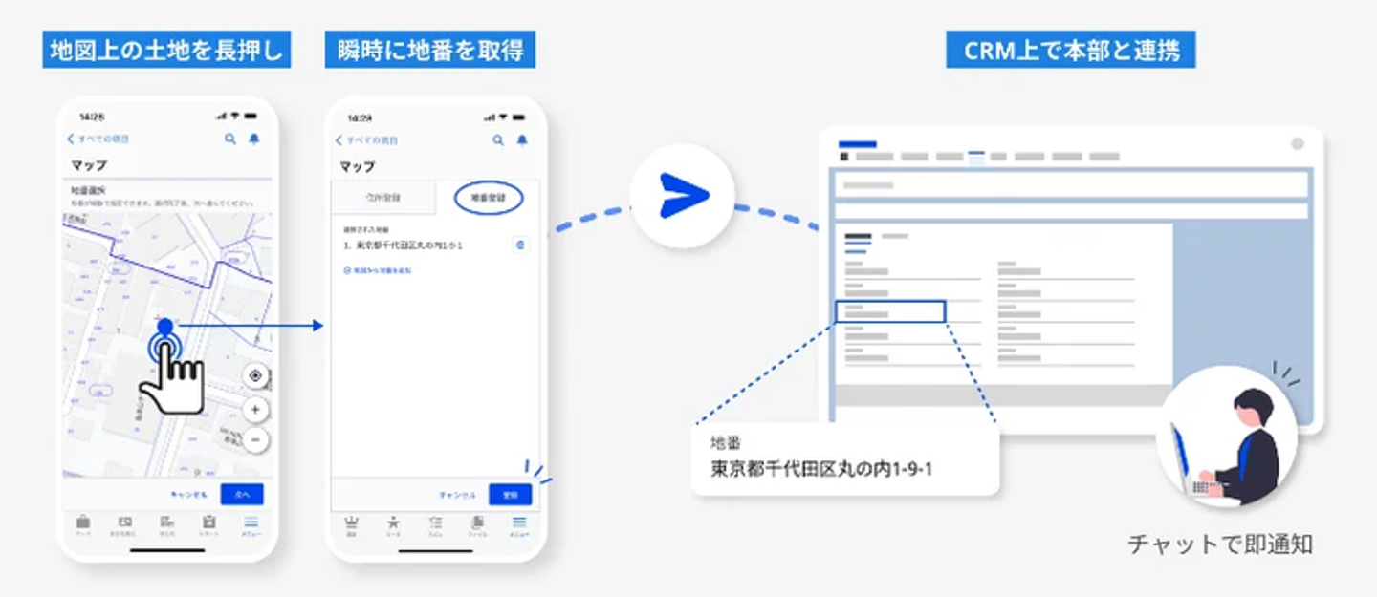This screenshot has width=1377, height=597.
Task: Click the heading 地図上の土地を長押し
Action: tap(166, 51)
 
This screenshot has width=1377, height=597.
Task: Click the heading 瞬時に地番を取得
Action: tap(429, 51)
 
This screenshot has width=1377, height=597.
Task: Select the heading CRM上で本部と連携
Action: tap(1070, 51)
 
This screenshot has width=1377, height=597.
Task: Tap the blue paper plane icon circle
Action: tap(683, 195)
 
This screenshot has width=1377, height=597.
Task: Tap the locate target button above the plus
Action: tap(255, 375)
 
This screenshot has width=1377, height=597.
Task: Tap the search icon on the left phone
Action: tap(230, 139)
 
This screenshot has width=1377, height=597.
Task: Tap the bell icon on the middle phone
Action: tap(522, 140)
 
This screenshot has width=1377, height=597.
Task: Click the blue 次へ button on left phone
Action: tap(242, 494)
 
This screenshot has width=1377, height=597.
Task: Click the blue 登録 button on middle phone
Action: tap(510, 494)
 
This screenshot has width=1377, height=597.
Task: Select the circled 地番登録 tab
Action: tap(488, 197)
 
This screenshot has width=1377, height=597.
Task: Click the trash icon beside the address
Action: tap(520, 245)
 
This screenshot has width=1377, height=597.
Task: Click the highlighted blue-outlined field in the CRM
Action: tap(889, 311)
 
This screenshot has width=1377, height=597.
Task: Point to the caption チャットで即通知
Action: tap(1220, 544)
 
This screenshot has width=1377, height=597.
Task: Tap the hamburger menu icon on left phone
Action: tap(251, 522)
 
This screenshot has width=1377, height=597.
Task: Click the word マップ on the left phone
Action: tap(89, 165)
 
